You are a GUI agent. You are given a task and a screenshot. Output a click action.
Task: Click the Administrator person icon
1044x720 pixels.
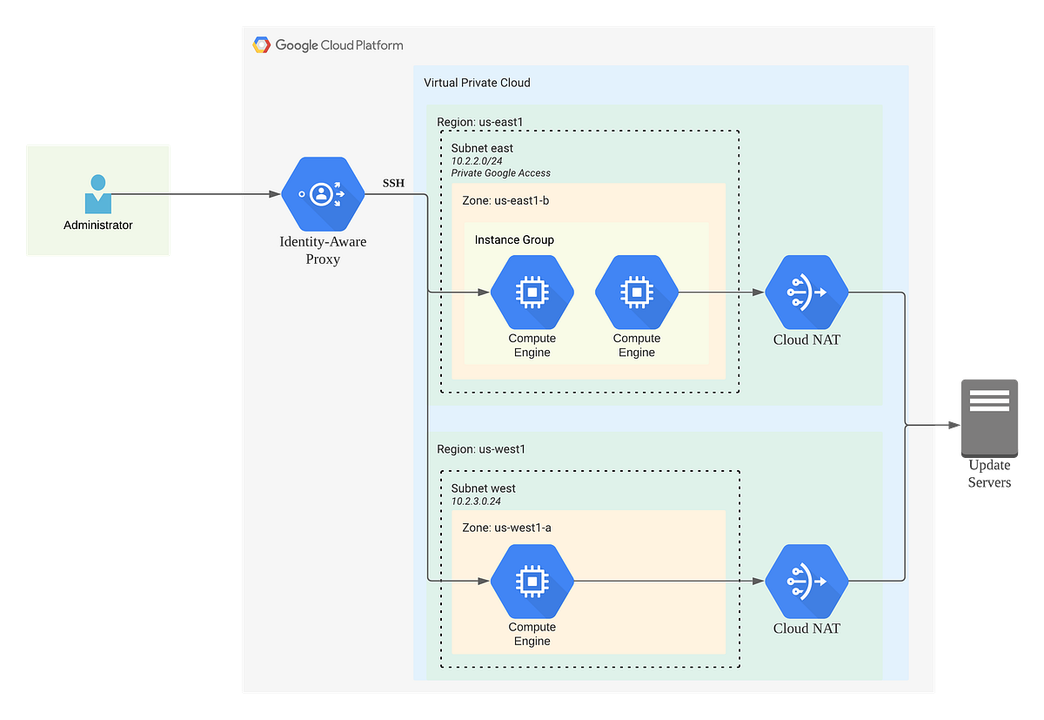[98, 194]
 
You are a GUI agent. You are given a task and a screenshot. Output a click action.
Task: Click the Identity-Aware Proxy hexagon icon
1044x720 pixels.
[323, 194]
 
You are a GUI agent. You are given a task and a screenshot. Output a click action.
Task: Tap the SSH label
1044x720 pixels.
[393, 183]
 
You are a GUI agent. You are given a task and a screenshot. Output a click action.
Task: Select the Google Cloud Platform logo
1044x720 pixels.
[261, 45]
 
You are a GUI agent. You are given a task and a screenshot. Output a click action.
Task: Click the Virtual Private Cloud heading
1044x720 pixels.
[477, 83]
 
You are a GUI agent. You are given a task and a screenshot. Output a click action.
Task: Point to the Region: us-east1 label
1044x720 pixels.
[480, 121]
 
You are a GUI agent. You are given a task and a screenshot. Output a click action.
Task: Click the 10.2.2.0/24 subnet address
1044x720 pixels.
[477, 161]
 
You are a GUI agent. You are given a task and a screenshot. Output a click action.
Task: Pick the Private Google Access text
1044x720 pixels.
[500, 173]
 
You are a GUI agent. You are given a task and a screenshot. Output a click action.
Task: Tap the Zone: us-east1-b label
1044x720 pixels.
[505, 201]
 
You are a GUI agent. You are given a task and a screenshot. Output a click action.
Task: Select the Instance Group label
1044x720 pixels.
[514, 239]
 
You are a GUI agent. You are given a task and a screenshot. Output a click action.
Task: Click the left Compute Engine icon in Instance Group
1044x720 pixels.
[532, 293]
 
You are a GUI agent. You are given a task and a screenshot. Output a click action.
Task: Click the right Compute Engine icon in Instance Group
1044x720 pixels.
[636, 293]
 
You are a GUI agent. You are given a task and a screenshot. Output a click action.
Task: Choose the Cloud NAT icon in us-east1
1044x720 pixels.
[806, 293]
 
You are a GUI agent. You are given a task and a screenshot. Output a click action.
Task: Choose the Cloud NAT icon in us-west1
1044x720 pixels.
[806, 581]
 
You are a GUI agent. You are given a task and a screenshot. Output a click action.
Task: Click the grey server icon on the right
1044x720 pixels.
[989, 416]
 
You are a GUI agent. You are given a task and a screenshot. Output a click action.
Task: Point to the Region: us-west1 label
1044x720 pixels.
[481, 449]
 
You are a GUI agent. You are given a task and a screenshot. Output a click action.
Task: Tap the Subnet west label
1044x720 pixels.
[484, 488]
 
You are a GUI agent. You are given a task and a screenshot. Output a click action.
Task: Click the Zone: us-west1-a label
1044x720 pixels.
[506, 528]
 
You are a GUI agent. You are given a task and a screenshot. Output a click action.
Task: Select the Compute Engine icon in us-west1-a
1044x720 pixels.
[532, 581]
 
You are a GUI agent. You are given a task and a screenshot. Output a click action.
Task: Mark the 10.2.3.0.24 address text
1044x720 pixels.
[476, 501]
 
